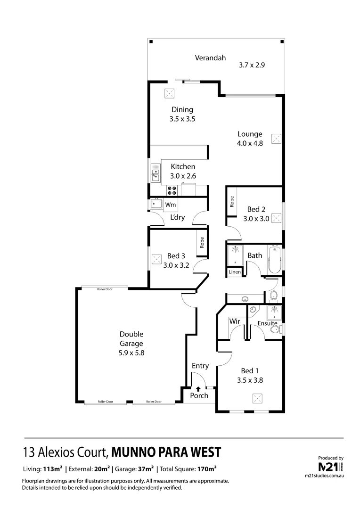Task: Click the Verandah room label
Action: (x=211, y=58)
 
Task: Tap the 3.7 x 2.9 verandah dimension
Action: (x=252, y=66)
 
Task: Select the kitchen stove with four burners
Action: (x=172, y=190)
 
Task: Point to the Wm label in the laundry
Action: (x=171, y=205)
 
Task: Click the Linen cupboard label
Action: (x=235, y=272)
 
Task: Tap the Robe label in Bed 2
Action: (x=231, y=202)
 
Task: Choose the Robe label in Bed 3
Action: (x=202, y=242)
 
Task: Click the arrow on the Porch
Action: (x=198, y=389)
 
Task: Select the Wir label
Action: (x=234, y=321)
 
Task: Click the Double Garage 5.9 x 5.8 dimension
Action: (x=131, y=352)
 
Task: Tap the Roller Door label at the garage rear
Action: (x=105, y=289)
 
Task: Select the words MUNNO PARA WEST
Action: (x=166, y=452)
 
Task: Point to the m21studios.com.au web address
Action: (x=325, y=477)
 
